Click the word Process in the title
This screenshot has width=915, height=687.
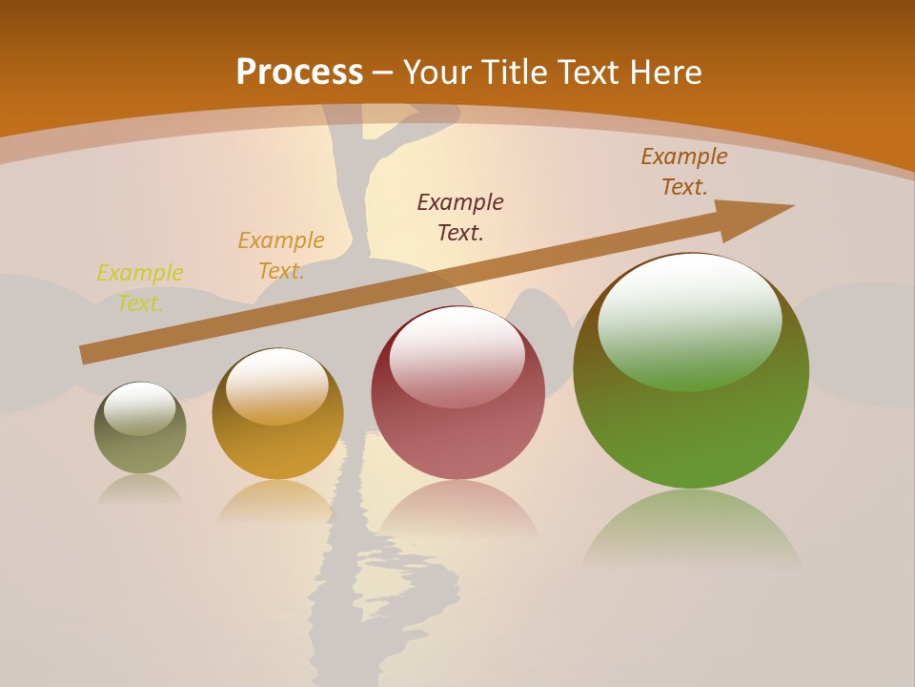point(299,73)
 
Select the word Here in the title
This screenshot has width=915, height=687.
point(663,73)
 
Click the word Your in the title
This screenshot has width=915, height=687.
point(436,73)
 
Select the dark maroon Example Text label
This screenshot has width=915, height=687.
point(460,217)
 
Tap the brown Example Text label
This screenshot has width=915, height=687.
point(684,172)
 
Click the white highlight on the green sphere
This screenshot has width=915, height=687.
point(689,320)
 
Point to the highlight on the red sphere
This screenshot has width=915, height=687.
point(457,355)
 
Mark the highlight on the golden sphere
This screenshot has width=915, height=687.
point(277,385)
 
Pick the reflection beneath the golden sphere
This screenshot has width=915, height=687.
point(277,501)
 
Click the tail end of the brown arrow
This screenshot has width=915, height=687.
point(86,355)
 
